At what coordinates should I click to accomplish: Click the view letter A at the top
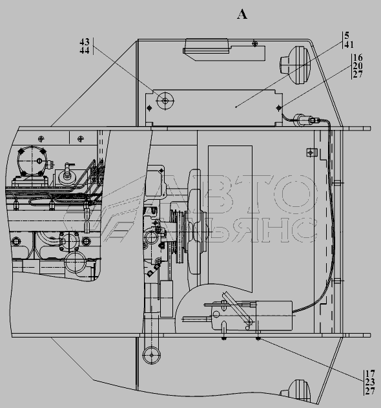click(242, 14)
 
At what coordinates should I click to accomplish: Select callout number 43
click(85, 41)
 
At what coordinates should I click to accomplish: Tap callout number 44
click(85, 50)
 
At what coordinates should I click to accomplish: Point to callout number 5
click(347, 36)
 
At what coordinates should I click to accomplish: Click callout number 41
click(349, 45)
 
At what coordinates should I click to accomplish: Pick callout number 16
click(358, 58)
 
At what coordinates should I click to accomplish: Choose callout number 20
click(358, 66)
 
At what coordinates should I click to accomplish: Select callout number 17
click(370, 374)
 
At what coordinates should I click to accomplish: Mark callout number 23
click(370, 382)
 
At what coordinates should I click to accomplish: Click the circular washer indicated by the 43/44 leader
click(165, 101)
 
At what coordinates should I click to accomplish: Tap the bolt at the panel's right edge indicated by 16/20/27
click(279, 107)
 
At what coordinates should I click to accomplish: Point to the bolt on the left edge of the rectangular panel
click(149, 108)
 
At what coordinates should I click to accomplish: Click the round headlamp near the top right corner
click(295, 65)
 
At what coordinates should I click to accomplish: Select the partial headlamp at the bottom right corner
click(296, 392)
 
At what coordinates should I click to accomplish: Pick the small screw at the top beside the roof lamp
click(255, 44)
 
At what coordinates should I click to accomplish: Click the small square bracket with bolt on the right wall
click(311, 153)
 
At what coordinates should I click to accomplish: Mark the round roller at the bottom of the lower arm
click(152, 355)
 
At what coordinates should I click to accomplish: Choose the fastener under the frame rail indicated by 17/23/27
click(258, 338)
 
